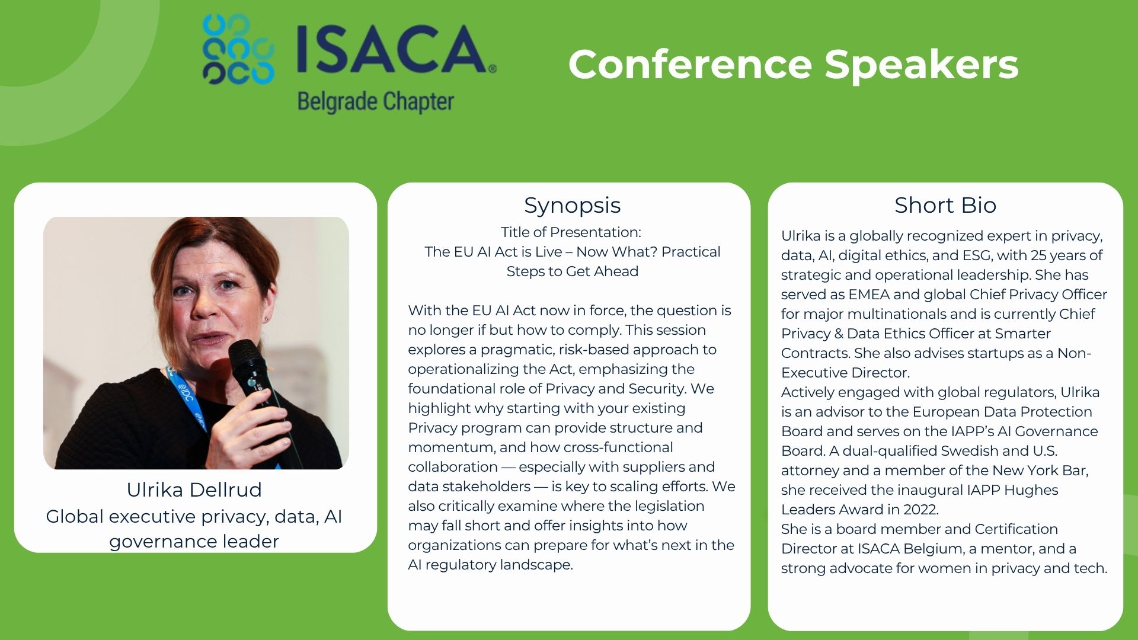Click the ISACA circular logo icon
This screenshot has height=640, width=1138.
(238, 49)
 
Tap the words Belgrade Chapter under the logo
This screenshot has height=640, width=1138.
(376, 101)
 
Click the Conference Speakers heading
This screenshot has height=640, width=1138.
(793, 64)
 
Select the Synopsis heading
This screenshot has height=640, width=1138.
(572, 206)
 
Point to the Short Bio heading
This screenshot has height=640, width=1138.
(945, 205)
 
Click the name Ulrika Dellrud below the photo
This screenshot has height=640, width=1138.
(194, 489)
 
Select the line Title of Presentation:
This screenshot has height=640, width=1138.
(571, 232)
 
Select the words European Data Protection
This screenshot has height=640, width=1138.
(1002, 412)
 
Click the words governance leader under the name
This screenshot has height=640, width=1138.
(194, 542)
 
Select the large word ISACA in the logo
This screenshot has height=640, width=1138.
(392, 50)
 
